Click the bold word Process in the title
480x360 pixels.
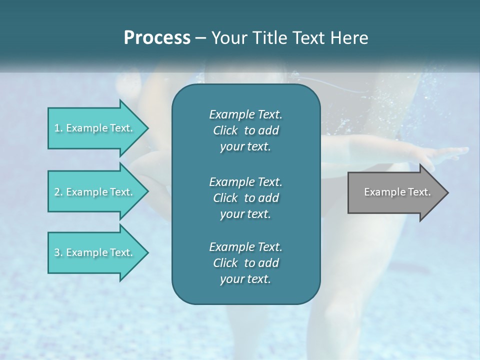click(157, 38)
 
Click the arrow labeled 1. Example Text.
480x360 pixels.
click(95, 128)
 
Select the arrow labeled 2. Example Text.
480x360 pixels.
click(95, 192)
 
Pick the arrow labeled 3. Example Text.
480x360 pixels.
click(95, 252)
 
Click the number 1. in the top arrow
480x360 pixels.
click(58, 128)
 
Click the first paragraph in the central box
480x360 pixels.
click(245, 130)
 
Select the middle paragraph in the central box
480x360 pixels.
click(245, 197)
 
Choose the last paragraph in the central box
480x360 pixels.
click(245, 263)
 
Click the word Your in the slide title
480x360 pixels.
click(227, 38)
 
